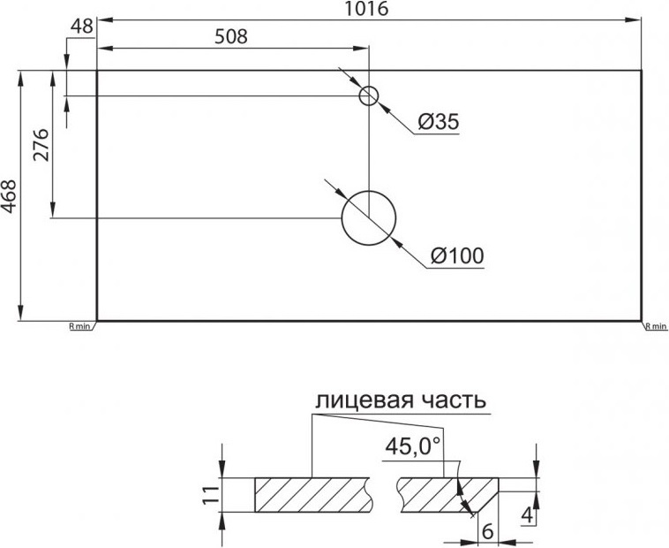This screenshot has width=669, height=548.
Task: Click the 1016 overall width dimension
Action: tap(367, 9)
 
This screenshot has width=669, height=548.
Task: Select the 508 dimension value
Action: tap(231, 37)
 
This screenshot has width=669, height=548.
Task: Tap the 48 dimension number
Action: tap(82, 27)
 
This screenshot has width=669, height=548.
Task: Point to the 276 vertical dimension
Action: tap(41, 144)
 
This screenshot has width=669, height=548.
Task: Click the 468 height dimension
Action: tap(9, 196)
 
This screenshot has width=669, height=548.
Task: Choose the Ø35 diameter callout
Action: tap(439, 122)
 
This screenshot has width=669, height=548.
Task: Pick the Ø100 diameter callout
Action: tap(457, 256)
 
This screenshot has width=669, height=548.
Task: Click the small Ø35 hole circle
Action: tap(369, 87)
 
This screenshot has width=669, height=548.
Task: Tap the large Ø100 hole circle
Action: tap(369, 191)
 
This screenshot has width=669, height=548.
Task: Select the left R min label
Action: tap(79, 327)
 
